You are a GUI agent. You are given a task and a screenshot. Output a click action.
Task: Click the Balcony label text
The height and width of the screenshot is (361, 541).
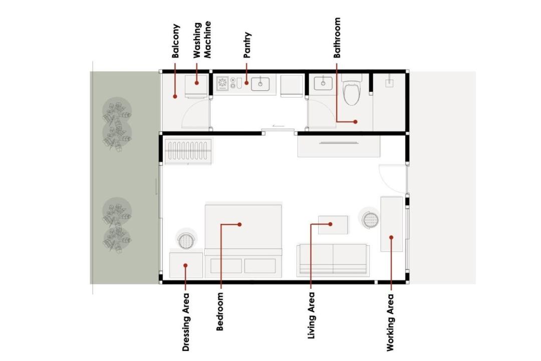pos(176,41)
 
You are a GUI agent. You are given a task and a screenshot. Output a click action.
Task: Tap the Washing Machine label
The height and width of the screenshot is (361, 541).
pos(202,40)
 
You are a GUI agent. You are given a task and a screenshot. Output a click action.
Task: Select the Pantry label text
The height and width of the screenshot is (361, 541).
pos(247,45)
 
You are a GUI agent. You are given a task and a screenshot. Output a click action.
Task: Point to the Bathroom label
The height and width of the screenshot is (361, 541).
pos(337,38)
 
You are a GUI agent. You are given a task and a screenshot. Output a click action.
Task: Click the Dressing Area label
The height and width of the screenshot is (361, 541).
pos(186,322)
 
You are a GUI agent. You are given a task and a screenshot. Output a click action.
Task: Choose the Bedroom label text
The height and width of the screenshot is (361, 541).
pos(220,311)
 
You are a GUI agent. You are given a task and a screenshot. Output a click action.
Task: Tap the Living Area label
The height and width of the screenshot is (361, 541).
pos(311,315)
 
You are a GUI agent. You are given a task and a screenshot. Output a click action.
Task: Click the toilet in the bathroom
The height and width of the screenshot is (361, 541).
pos(352,90)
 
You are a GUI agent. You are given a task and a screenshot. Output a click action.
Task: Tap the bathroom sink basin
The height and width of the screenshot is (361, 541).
pos(323,84)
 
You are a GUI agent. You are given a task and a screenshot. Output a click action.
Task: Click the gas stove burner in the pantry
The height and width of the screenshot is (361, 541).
pos(222,84)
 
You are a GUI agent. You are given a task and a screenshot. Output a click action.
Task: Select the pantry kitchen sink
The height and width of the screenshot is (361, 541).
pos(260,84)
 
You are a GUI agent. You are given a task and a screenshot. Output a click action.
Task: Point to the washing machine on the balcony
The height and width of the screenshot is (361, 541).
pos(196,86)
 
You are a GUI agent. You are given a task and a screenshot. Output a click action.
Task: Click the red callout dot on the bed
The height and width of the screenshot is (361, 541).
pos(239,225)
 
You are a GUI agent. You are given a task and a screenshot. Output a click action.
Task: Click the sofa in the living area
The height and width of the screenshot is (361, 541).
pos(333,260)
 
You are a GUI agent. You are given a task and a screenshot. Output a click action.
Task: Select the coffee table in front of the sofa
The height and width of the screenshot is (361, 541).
pos(333,225)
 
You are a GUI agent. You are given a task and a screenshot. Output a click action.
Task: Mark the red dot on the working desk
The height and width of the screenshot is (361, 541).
pos(391,237)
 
